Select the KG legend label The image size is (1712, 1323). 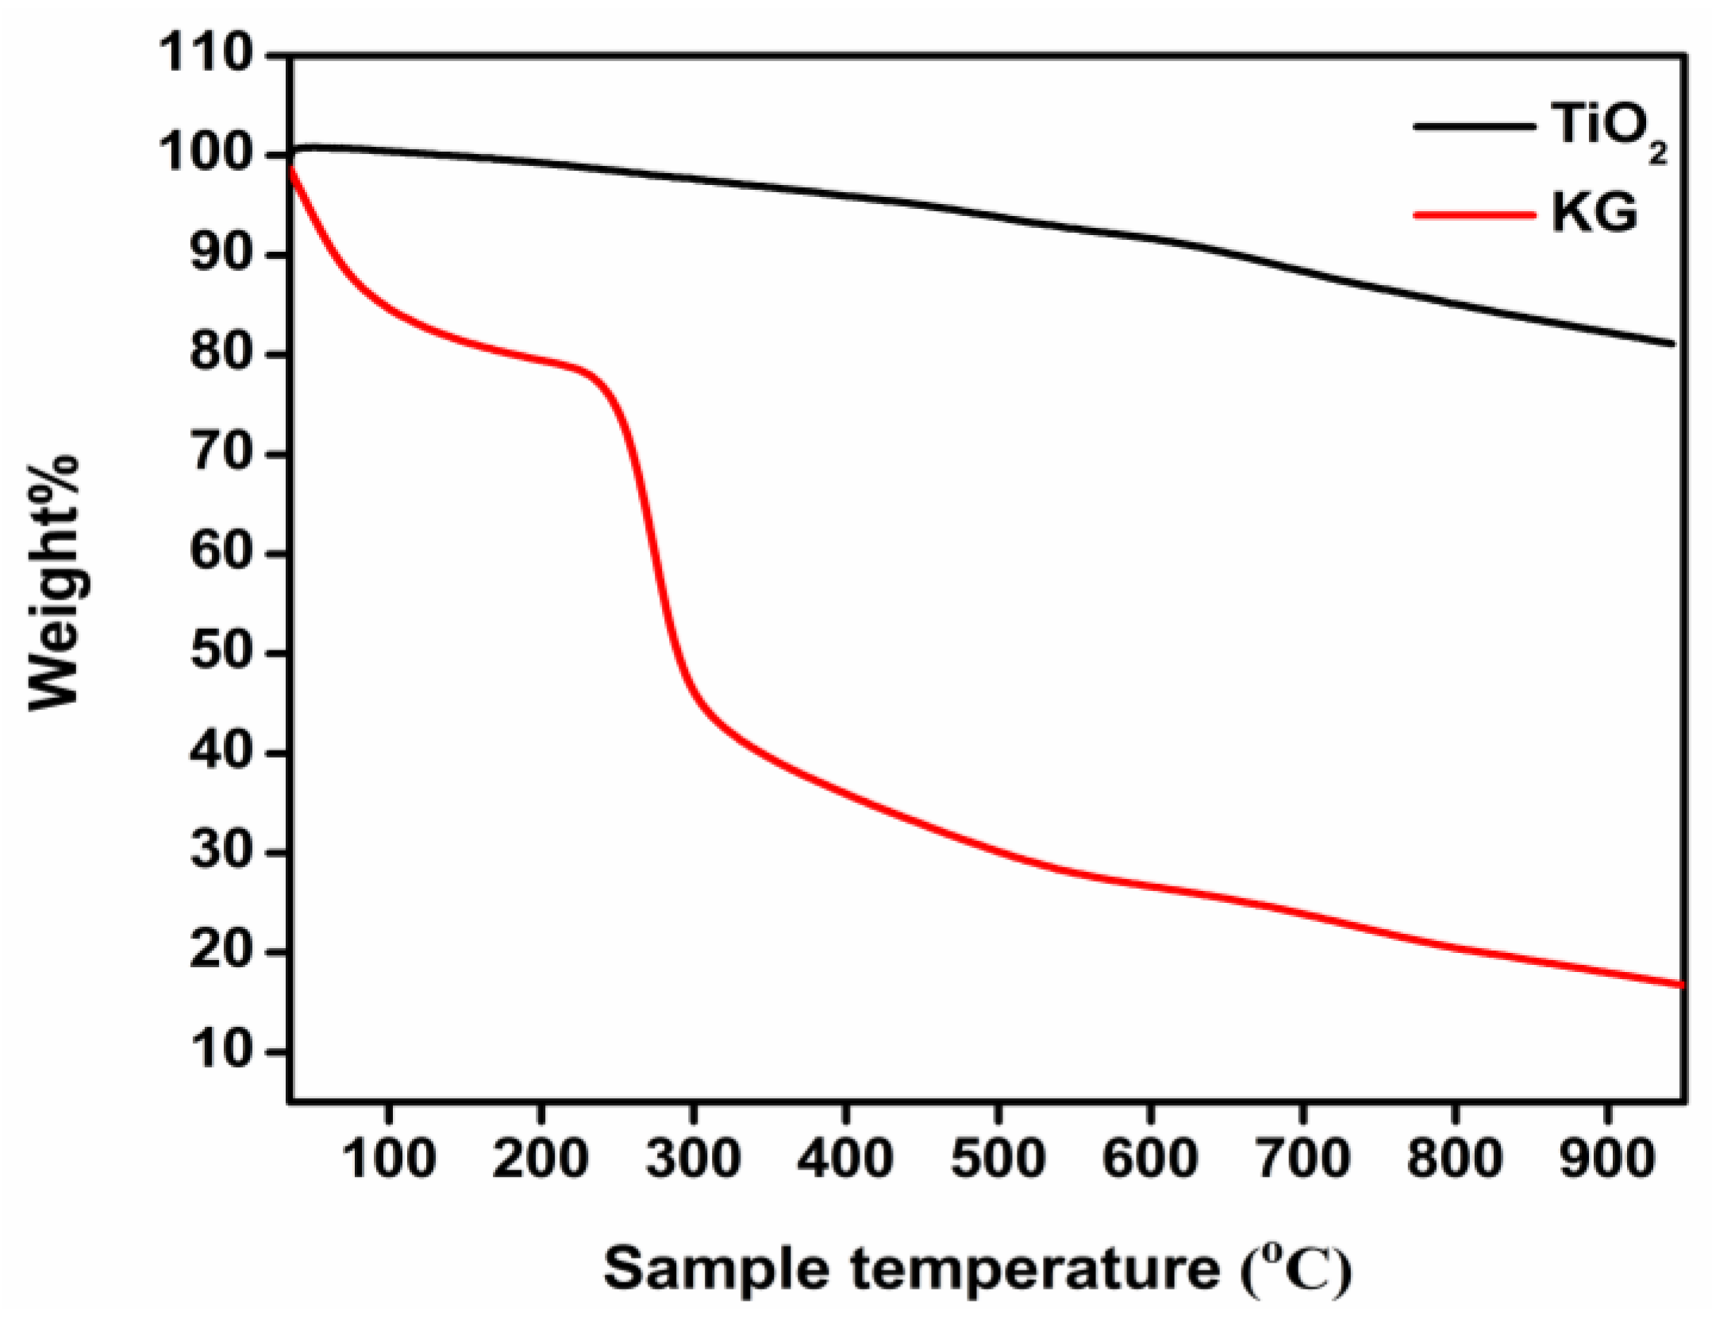coord(1593,213)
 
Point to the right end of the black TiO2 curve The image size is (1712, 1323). coord(1672,343)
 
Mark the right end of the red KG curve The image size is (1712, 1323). coord(1679,985)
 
